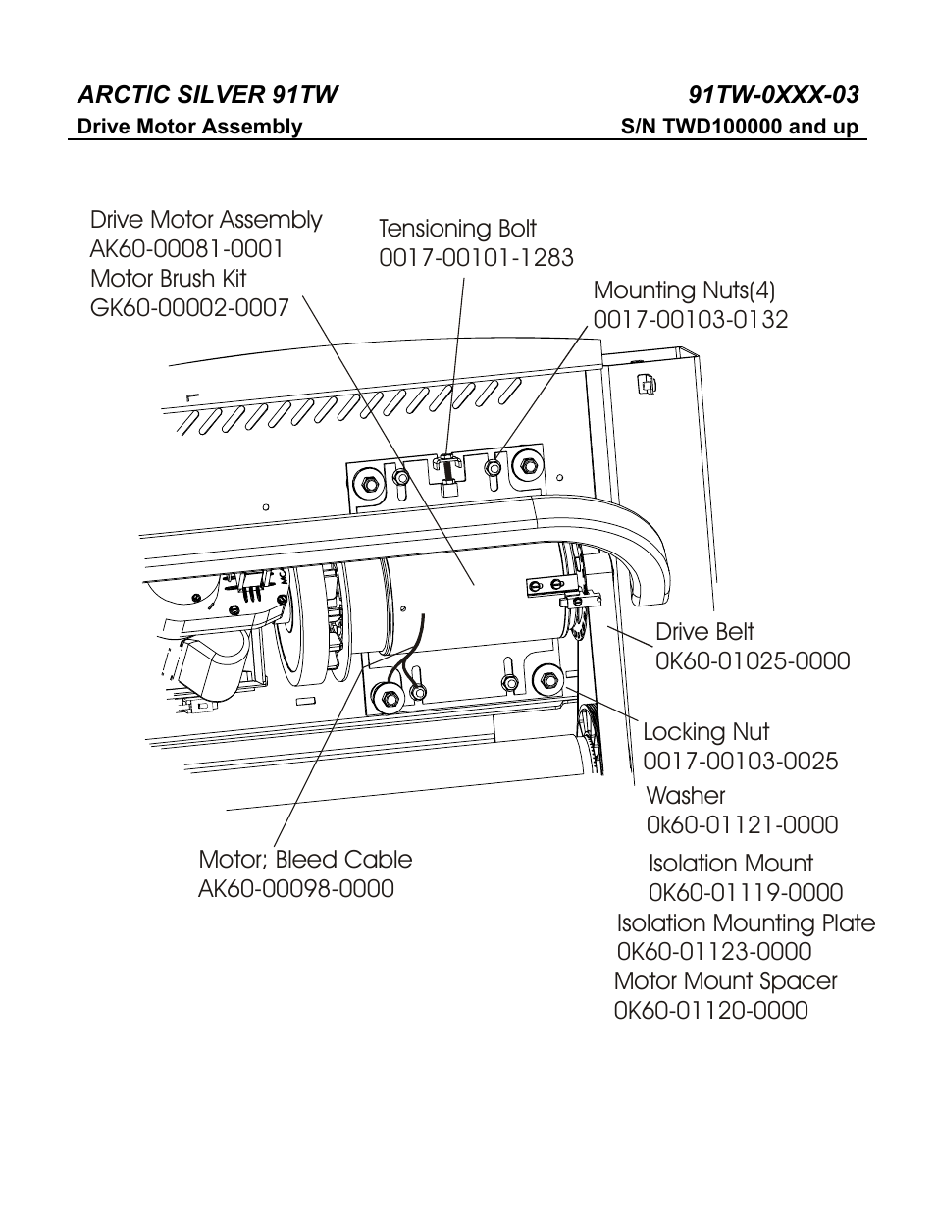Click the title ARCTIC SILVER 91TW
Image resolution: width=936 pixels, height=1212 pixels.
coord(207,94)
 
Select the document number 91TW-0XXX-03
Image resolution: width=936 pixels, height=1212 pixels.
coord(773,94)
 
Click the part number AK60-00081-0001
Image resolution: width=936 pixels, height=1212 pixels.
coord(186,249)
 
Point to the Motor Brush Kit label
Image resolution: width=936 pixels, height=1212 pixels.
coord(168,279)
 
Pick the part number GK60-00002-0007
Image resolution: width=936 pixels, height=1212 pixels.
coord(189,308)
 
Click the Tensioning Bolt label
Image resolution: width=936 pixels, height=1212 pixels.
coord(457,229)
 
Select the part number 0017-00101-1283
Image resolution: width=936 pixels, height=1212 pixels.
coord(476,258)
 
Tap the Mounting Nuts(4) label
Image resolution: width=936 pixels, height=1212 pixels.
coord(684,290)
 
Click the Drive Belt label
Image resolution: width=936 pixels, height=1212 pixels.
coord(704,632)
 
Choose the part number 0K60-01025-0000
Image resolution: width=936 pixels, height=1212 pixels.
coord(752,661)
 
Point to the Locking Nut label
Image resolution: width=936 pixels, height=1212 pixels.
coord(705,732)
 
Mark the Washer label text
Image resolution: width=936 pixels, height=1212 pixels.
coord(685,796)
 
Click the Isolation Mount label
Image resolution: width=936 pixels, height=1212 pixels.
coord(730,864)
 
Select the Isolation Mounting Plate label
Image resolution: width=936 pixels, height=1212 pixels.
coord(746,923)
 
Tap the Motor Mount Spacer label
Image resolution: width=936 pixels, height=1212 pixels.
coord(725,981)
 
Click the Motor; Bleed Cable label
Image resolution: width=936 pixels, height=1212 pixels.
coord(305,860)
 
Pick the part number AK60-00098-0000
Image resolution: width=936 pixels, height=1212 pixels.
coord(296,889)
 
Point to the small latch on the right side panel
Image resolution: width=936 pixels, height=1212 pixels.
coord(646,384)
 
